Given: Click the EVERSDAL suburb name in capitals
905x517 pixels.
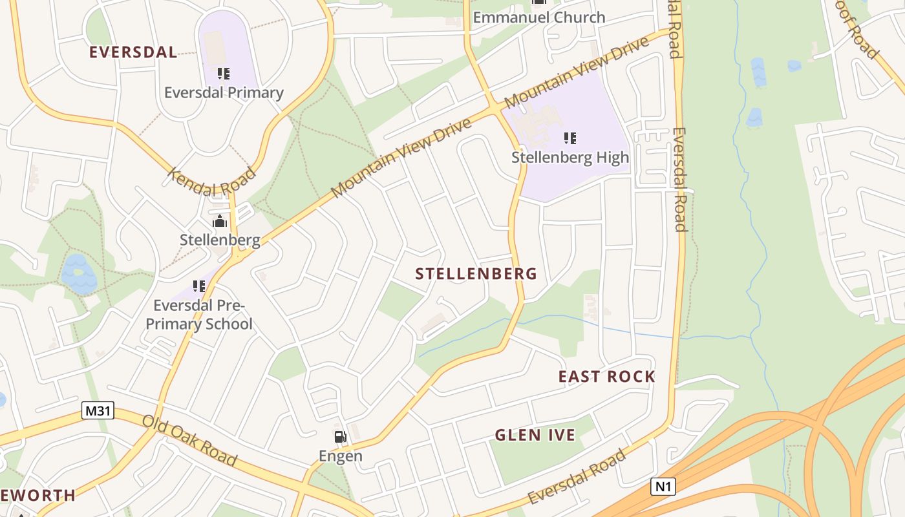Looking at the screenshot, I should (x=133, y=52).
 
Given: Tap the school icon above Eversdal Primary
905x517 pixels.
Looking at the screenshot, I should (x=224, y=74).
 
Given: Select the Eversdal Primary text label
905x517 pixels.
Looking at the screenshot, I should (x=224, y=92).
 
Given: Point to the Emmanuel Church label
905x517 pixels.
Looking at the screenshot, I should (x=539, y=17).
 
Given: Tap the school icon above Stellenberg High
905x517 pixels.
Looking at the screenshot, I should (x=570, y=138).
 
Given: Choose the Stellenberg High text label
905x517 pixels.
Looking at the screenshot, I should (x=570, y=157).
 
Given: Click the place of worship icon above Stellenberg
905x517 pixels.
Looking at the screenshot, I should (x=220, y=222).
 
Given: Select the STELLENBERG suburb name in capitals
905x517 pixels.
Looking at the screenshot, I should (x=476, y=274).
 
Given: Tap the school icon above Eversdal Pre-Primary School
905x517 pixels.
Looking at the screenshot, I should (x=199, y=286).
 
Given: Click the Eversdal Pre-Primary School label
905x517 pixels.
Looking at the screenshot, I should (x=199, y=314).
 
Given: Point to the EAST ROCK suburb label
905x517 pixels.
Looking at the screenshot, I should (x=607, y=377).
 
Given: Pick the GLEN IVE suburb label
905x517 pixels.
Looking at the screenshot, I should (x=535, y=435).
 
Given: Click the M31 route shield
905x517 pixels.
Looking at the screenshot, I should (x=98, y=410).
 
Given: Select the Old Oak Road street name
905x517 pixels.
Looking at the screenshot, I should (x=189, y=441).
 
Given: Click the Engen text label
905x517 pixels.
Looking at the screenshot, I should (x=341, y=456).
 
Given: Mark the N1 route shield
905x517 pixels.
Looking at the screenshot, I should (x=663, y=487).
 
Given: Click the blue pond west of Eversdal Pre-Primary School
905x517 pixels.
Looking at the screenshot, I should (x=78, y=274).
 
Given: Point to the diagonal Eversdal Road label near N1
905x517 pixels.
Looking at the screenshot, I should (x=577, y=477).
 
